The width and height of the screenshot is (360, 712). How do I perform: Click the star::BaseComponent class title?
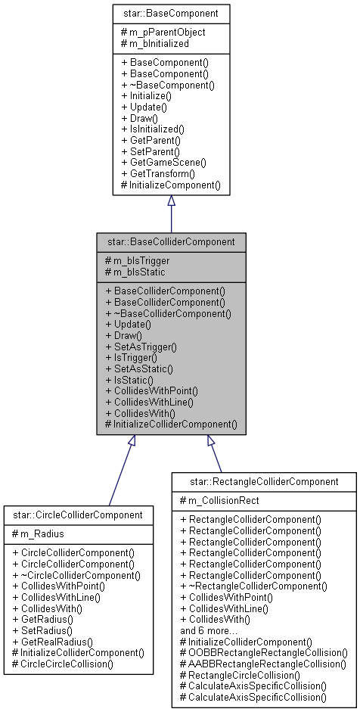pos(171,13)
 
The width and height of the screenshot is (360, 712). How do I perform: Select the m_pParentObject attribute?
pos(163,33)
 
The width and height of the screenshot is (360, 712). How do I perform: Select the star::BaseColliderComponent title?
pos(171,243)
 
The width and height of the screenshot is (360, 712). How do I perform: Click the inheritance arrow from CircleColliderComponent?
pos(121,470)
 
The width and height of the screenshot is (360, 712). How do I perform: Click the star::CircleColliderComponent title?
pos(78,515)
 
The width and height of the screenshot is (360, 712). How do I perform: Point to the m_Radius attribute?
pos(42,534)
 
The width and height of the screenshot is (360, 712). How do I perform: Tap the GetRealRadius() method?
pos(57,641)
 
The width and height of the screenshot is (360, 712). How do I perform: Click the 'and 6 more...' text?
pos(209,630)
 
